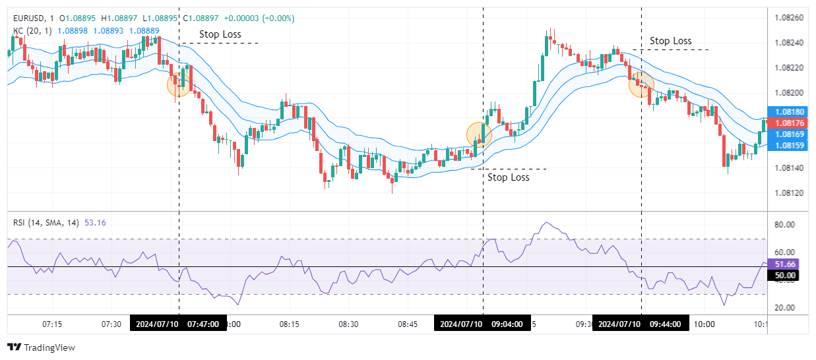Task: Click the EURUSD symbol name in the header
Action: pyautogui.click(x=30, y=18)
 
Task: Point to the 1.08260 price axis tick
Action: pyautogui.click(x=789, y=17)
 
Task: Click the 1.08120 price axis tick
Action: pyautogui.click(x=789, y=193)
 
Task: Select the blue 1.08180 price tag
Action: pyautogui.click(x=789, y=112)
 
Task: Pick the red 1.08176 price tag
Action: pyautogui.click(x=789, y=123)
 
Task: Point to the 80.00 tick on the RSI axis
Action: pyautogui.click(x=784, y=225)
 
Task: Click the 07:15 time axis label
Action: pyautogui.click(x=52, y=324)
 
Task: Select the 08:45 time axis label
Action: pyautogui.click(x=407, y=324)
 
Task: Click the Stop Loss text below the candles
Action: pyautogui.click(x=509, y=177)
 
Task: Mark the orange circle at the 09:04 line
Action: pyautogui.click(x=479, y=135)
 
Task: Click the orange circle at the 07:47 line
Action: pyautogui.click(x=179, y=84)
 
